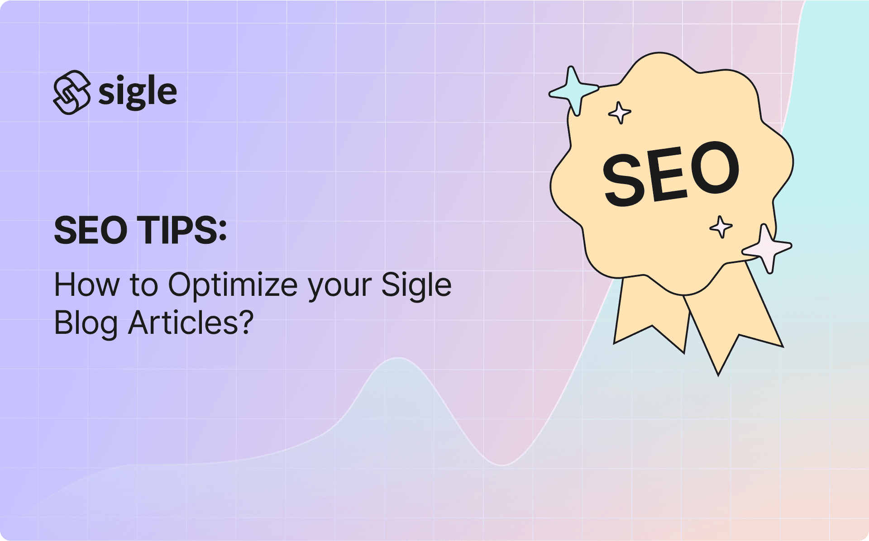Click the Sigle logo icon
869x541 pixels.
(x=72, y=92)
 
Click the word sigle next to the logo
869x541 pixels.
(x=137, y=92)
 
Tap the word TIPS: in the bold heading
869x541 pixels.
(x=181, y=230)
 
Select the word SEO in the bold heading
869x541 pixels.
(x=91, y=230)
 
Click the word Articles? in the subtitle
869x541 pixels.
(x=191, y=323)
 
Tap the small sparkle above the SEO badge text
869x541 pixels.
(x=620, y=112)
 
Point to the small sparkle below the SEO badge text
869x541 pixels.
(x=721, y=227)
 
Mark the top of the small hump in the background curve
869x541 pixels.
(x=398, y=358)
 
